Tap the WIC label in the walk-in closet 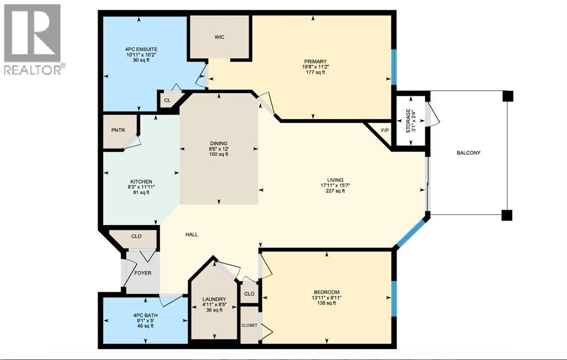tap(219, 37)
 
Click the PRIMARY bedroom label tap(315, 61)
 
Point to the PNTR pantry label tap(118, 130)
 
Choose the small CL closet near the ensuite tap(167, 101)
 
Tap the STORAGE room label tap(409, 120)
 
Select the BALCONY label tap(468, 153)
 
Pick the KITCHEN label tap(141, 181)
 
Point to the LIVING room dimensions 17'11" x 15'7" tap(335, 186)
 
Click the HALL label tap(192, 234)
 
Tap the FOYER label tap(141, 273)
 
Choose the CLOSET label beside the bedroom tap(249, 326)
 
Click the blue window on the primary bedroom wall tap(394, 67)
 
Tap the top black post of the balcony tap(507, 96)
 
